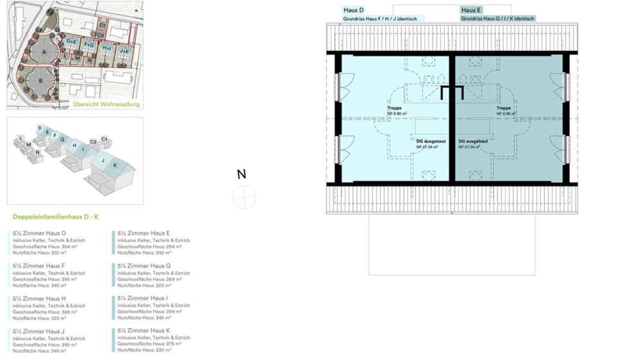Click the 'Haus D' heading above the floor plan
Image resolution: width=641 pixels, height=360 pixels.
coord(354,10)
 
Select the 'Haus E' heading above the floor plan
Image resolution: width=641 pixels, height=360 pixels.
coord(471,10)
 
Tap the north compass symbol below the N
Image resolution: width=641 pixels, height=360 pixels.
coord(244,197)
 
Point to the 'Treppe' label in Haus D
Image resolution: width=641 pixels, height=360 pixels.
coord(394,109)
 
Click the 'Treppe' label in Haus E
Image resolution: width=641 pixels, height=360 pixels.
coord(503,109)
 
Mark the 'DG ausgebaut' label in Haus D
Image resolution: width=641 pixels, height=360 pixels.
coord(428,142)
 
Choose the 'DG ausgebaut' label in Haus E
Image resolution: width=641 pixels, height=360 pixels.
coord(472,142)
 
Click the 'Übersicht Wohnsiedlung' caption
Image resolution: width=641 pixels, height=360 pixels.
coord(106,104)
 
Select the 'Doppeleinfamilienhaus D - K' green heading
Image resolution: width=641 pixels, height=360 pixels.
coord(56,217)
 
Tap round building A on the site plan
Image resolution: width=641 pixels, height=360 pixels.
coord(44,52)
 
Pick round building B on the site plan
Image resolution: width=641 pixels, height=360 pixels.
coord(40,81)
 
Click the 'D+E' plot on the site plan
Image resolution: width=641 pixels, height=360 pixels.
coord(72,42)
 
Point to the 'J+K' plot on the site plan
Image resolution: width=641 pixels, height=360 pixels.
coord(124,51)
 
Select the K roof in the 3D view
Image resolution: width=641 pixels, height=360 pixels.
coord(115,165)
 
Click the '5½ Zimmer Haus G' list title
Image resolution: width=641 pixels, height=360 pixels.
coord(144,266)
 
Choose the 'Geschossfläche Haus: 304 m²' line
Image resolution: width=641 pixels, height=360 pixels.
coord(45,246)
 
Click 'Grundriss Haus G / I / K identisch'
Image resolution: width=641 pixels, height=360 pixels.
coord(497,19)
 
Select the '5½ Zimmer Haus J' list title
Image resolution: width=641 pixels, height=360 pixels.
coord(39,331)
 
